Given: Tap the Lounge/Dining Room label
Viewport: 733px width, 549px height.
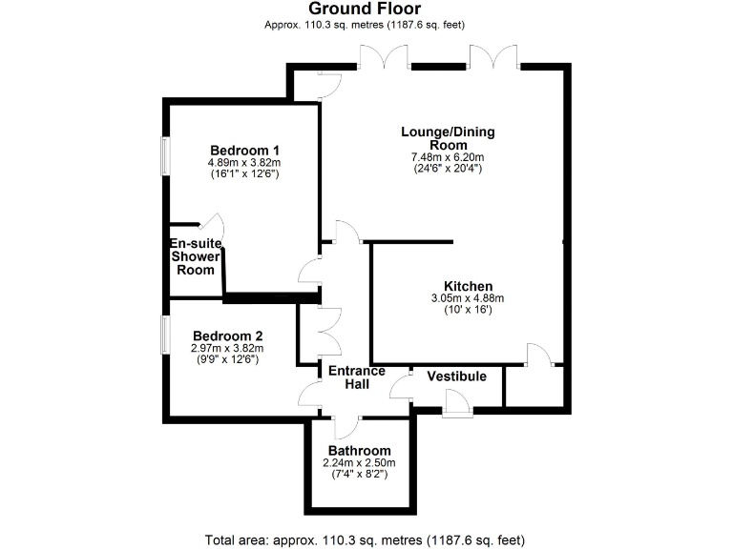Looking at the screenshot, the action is [448, 138].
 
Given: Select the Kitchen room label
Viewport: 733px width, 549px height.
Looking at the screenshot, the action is [468, 286].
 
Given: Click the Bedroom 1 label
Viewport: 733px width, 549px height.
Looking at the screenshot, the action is [244, 150].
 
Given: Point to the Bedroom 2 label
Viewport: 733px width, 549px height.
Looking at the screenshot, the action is [228, 335].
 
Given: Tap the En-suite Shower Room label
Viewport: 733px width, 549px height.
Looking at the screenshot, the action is [196, 256].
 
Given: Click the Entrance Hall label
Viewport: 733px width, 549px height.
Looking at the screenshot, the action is [357, 376].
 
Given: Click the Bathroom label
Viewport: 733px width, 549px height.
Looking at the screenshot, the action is [359, 451].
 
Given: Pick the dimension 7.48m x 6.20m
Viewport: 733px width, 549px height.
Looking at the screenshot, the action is [448, 157].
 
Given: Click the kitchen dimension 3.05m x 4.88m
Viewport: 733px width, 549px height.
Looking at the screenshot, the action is [468, 298].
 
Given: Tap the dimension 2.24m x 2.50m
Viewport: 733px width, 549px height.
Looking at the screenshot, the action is [359, 462].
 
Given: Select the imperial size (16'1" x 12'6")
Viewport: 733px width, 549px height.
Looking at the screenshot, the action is [244, 173].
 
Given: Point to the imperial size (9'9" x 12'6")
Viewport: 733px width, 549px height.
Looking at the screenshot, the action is [228, 359].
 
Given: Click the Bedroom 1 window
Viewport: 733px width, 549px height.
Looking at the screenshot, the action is [163, 156].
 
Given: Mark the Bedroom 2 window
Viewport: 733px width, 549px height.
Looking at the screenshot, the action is [163, 335].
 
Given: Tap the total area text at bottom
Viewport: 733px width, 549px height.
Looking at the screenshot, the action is [366, 539].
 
